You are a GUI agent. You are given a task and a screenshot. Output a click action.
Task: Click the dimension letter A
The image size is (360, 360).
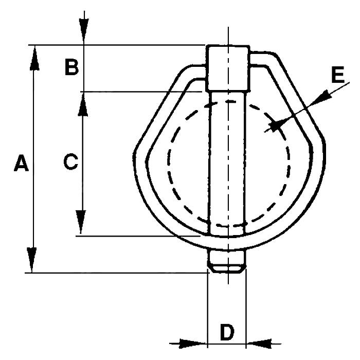[22, 163]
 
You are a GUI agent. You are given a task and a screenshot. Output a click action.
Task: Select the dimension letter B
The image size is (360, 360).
[72, 67]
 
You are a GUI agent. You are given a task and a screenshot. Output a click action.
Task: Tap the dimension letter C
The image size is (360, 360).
[71, 161]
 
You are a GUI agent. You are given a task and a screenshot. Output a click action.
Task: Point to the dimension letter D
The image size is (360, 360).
[227, 332]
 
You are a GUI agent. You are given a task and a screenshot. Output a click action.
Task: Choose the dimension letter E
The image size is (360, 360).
[338, 75]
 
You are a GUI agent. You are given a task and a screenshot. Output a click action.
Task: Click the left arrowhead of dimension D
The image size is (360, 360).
[192, 344]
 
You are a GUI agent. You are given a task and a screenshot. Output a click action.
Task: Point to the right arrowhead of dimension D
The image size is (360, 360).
[259, 344]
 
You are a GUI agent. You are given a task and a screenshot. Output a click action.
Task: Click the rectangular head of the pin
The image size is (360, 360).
[228, 68]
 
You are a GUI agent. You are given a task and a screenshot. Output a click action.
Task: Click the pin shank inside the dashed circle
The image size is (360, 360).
[227, 160]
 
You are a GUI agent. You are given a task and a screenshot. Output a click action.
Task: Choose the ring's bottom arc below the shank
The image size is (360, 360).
[227, 242]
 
